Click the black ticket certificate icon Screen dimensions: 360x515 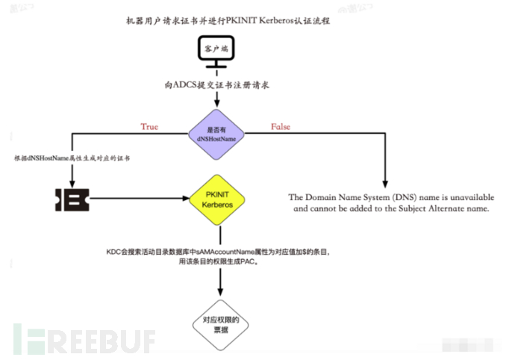click(72, 199)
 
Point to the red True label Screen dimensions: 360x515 click(150, 127)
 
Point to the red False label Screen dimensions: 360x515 click(281, 127)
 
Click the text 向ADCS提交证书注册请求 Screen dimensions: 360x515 click(218, 85)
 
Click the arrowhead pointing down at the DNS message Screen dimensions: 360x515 click(386, 184)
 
